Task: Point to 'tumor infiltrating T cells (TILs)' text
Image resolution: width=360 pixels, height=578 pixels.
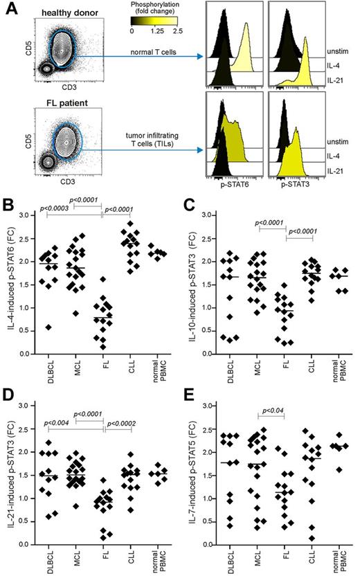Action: coord(163,141)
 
